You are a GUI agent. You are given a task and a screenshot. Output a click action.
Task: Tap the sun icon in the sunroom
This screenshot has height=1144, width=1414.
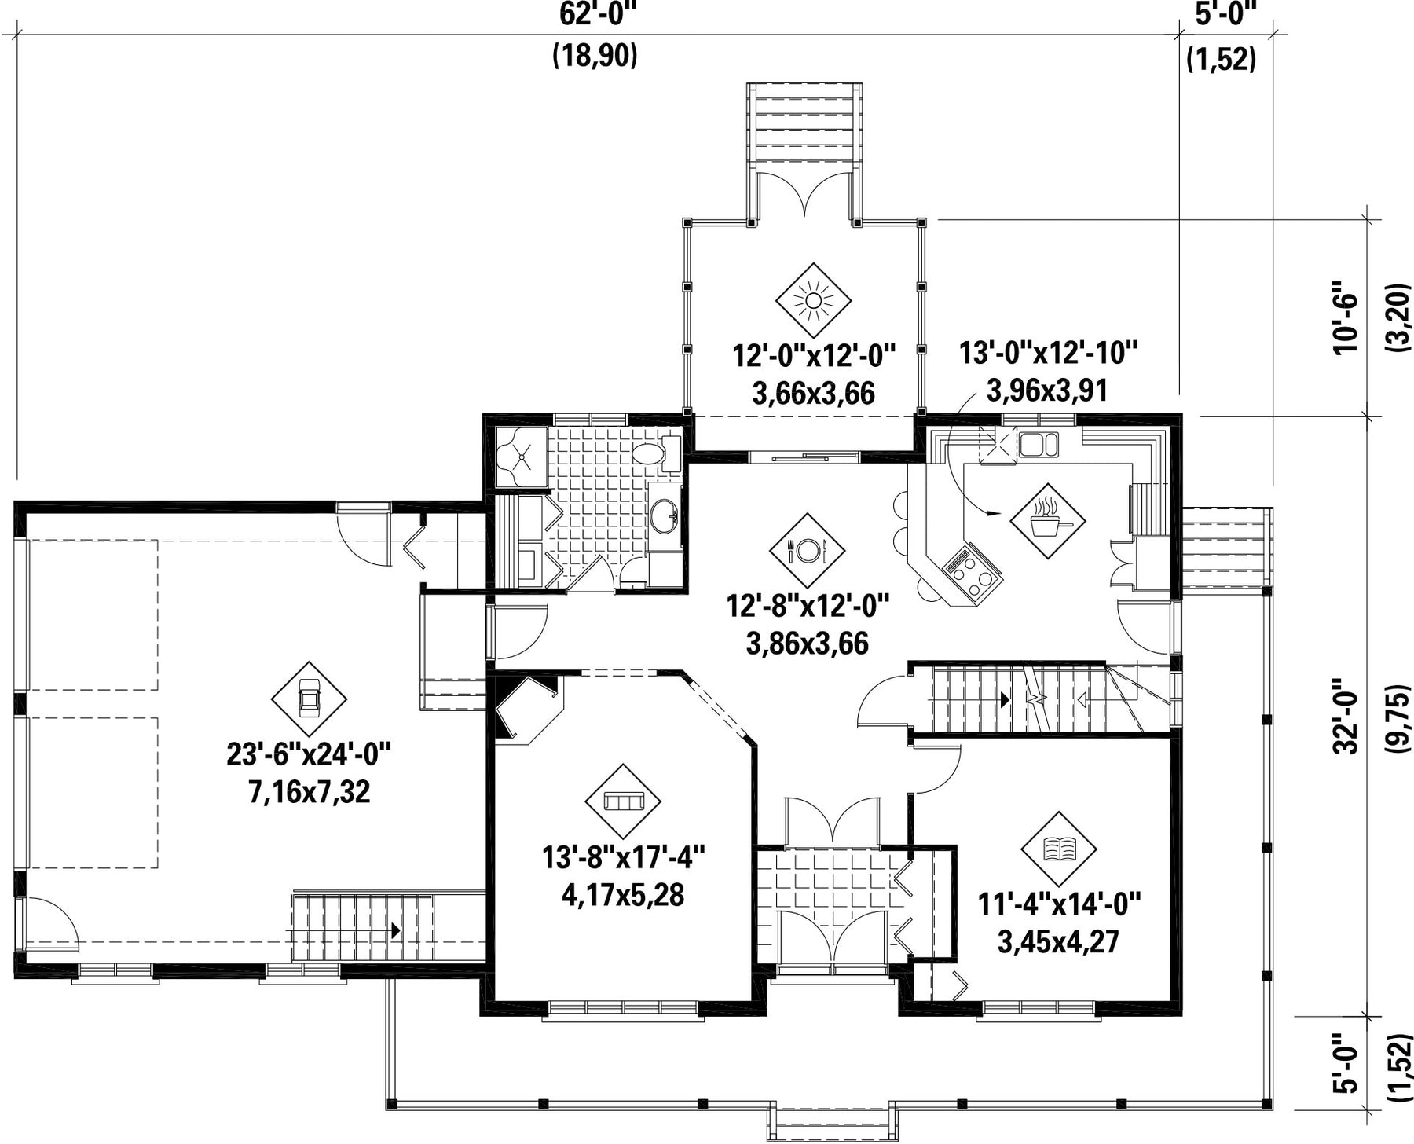tap(813, 301)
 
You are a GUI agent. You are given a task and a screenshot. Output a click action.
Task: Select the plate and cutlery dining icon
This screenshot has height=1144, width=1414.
tap(808, 550)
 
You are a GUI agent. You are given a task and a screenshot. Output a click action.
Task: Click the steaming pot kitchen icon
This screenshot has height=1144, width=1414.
tap(1047, 520)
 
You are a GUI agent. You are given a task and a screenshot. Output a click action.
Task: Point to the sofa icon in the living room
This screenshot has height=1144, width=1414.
tap(623, 801)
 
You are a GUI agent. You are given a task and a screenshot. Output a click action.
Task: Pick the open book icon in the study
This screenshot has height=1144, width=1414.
tap(1059, 849)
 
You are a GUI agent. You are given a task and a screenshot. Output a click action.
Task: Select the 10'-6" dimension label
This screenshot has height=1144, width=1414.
tap(1345, 324)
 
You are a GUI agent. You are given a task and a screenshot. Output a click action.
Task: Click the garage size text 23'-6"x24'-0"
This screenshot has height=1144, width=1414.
tap(309, 755)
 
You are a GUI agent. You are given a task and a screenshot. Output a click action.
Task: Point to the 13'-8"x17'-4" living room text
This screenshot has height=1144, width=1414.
tap(623, 856)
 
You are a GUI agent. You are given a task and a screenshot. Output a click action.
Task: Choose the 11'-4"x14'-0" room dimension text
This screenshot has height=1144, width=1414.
tap(1058, 904)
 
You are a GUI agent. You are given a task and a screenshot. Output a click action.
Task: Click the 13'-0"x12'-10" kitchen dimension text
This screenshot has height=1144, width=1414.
tap(1048, 353)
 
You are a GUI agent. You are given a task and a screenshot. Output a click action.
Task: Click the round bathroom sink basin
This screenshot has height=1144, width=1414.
tap(665, 515)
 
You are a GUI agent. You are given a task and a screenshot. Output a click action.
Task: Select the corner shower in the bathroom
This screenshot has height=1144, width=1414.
tap(521, 456)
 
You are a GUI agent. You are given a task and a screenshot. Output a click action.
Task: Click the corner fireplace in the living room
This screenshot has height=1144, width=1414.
tap(526, 707)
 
